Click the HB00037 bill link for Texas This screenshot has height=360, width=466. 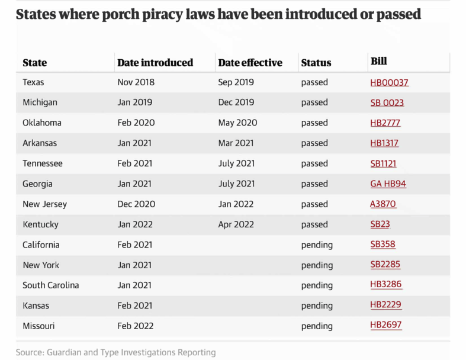389,82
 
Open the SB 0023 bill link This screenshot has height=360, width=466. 387,102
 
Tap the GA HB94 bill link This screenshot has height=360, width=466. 388,184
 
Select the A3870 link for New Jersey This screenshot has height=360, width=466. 383,204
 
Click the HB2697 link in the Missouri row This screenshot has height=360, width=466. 386,325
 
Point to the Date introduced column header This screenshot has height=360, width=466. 155,62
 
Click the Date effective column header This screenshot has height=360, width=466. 250,62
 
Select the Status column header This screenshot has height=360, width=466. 316,62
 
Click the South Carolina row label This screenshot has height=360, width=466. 50,285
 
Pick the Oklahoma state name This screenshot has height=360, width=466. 42,123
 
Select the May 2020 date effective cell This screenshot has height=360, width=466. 237,123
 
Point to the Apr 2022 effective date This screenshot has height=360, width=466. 236,224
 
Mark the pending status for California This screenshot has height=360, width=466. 317,245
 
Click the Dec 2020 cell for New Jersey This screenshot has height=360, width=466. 136,204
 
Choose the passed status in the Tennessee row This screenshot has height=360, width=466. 314,163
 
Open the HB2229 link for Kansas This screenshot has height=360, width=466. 386,304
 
